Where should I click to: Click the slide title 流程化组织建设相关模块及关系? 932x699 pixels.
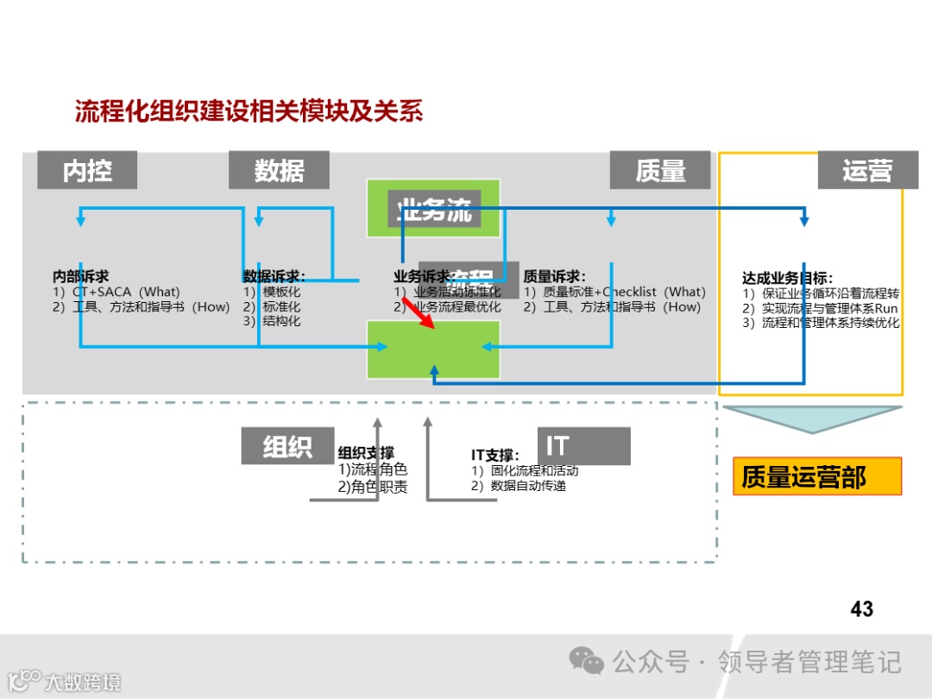coord(249,112)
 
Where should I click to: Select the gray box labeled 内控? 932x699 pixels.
coord(87,171)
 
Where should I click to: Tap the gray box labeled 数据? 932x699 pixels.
coord(279,171)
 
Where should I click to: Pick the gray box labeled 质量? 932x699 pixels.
coord(660,171)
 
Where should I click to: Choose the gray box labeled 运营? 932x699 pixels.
coord(867,171)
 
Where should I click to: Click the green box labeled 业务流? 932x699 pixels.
coord(433,208)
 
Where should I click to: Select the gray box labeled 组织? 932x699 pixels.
coord(287,446)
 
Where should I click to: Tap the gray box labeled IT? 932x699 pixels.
coord(583,446)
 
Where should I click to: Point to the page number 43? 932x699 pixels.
coord(861,609)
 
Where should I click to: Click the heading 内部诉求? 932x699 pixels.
coord(81,277)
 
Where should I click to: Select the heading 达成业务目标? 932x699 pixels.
coord(787,278)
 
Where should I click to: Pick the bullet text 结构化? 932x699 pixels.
coord(281,321)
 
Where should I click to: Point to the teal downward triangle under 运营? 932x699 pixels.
coord(812,418)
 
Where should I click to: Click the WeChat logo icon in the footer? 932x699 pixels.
coord(587,662)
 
